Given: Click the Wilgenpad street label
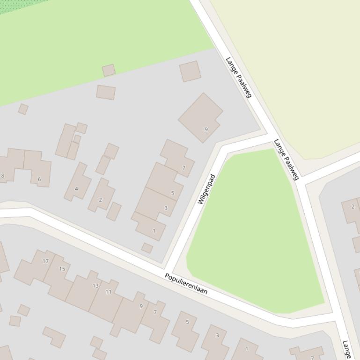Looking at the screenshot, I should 206,189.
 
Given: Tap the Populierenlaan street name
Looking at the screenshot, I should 186,284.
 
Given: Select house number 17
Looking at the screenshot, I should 45,261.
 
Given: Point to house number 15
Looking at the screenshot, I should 62,269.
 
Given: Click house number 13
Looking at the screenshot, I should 96,285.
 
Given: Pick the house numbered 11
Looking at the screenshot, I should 109,292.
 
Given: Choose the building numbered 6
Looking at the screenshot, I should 39,179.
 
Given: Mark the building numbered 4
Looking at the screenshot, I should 76,189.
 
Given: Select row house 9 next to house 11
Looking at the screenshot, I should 141,306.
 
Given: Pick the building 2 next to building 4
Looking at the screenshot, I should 100,200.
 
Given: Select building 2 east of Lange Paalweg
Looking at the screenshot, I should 353,207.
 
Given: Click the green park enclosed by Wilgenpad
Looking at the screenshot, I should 253,234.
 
